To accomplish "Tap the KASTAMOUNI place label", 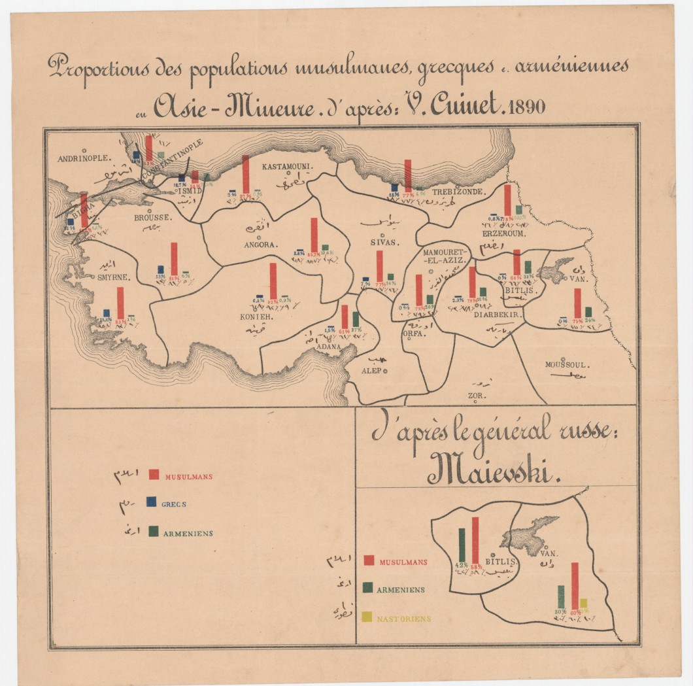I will click(288, 167).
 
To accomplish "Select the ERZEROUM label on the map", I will click(504, 233).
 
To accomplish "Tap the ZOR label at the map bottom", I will click(474, 396).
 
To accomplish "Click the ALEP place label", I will click(371, 371).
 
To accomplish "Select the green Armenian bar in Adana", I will click(356, 319).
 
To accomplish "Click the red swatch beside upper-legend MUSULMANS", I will click(154, 475).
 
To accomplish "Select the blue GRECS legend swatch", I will click(151, 502).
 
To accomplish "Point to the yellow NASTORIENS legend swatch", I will click(368, 617).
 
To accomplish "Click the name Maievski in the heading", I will click(494, 470).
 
